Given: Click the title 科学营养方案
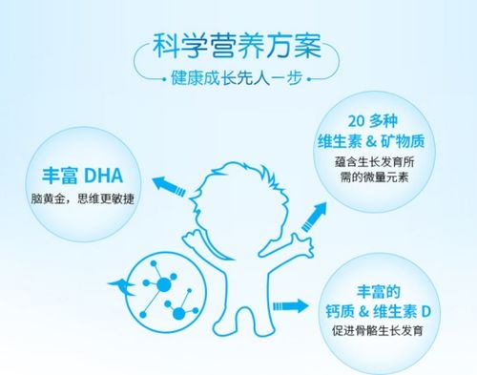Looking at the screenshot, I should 239,45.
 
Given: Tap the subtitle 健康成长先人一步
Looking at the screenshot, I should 239,79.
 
